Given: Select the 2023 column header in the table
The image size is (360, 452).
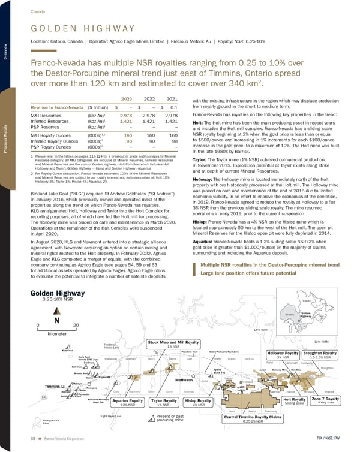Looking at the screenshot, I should point(127,99).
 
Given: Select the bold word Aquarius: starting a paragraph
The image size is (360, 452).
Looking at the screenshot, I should point(205,258).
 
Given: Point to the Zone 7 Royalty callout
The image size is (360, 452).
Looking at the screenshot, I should point(330,400).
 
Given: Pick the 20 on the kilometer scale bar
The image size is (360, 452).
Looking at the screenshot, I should point(75,325).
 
